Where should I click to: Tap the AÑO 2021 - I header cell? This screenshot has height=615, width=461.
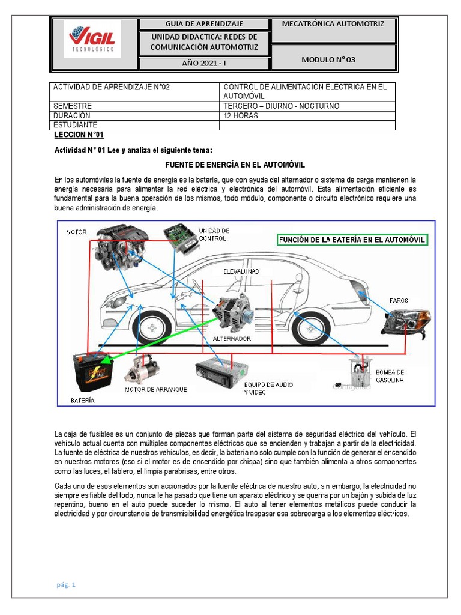205,64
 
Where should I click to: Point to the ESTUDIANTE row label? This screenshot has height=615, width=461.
76,125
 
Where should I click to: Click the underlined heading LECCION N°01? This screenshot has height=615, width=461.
79,135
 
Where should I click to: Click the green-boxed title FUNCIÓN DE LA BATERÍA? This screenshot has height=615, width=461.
352,240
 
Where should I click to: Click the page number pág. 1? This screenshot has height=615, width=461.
65,584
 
